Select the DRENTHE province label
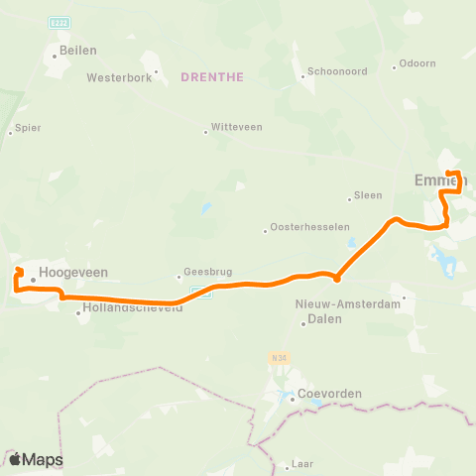pos(212,76)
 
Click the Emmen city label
pos(433,179)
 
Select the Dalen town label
pos(325,319)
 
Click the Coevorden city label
pos(329,393)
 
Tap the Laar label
pos(301,463)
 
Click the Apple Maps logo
pos(37,459)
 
